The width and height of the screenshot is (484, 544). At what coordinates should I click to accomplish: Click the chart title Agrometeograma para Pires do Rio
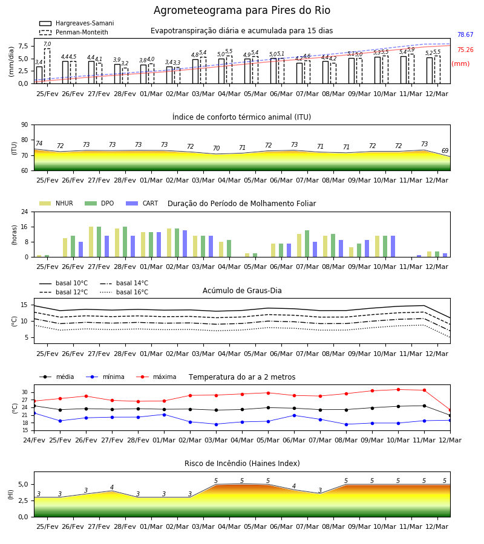(241, 10)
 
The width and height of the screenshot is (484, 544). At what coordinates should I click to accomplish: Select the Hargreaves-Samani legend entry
(77, 23)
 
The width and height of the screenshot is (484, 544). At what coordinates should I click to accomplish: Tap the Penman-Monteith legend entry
(74, 32)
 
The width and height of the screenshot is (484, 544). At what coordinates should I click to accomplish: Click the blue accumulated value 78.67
(465, 34)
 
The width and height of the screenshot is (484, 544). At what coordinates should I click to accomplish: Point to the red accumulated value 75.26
(465, 50)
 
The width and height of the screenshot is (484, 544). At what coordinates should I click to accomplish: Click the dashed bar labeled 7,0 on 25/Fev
(47, 66)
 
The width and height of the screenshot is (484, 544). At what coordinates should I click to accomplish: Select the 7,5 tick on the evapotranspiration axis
(23, 46)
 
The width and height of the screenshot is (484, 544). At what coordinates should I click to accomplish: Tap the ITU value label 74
(39, 143)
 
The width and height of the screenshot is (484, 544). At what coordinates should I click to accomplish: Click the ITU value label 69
(445, 151)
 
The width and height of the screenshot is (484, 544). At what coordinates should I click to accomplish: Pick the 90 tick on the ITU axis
(25, 125)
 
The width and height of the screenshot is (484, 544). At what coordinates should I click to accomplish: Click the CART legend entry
(142, 203)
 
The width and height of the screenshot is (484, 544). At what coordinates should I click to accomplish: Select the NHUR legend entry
(56, 203)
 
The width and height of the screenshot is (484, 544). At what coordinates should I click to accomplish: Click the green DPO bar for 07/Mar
(307, 244)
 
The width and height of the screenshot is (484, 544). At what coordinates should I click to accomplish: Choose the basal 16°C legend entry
(124, 292)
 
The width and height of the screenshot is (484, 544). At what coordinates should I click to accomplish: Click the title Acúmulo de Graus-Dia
(242, 291)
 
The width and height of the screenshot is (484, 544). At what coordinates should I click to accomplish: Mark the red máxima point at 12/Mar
(450, 410)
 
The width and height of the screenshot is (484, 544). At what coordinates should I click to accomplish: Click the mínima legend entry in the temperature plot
(105, 377)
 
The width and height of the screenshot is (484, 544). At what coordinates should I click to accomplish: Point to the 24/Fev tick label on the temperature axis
(34, 440)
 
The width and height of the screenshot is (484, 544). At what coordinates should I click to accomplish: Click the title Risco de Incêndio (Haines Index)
(242, 464)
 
